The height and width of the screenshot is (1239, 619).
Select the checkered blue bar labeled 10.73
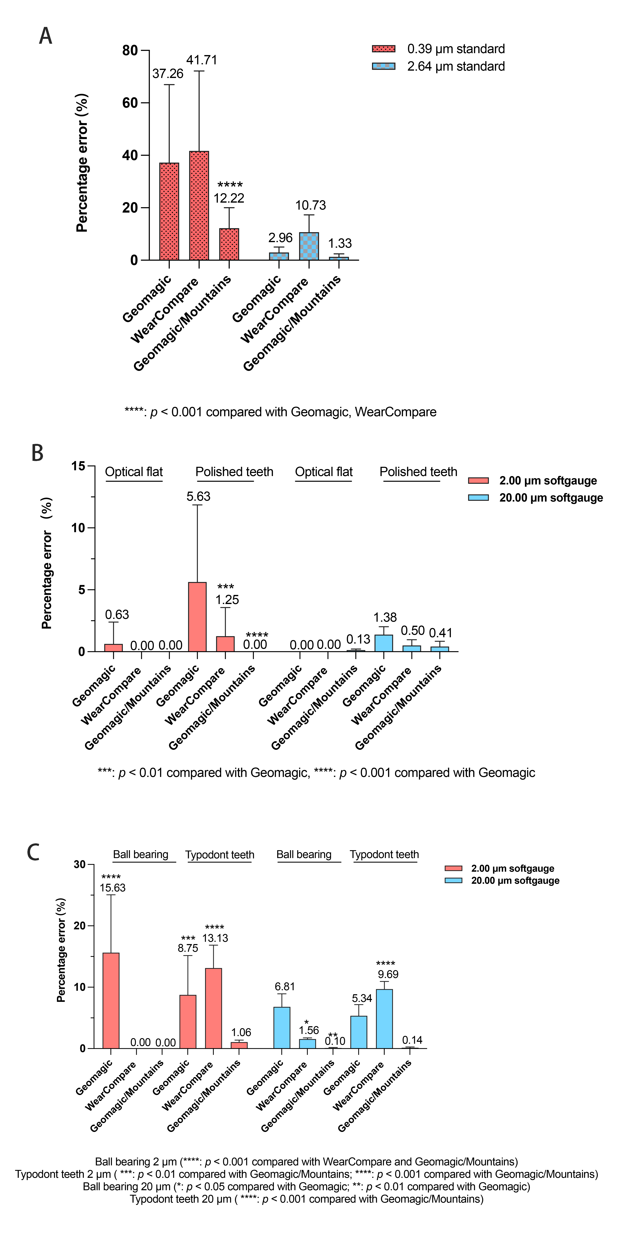309,246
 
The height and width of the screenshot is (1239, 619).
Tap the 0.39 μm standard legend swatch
383,49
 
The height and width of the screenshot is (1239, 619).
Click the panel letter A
46,36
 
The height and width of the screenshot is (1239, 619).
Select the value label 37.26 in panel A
168,74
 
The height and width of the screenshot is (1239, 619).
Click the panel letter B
38,453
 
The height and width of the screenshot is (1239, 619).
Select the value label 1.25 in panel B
227,600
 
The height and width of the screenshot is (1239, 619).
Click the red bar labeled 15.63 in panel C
111,1000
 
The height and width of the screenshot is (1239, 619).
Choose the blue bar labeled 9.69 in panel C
384,1019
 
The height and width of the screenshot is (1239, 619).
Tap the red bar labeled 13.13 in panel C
213,1008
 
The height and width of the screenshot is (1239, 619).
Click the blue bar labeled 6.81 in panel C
282,1028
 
